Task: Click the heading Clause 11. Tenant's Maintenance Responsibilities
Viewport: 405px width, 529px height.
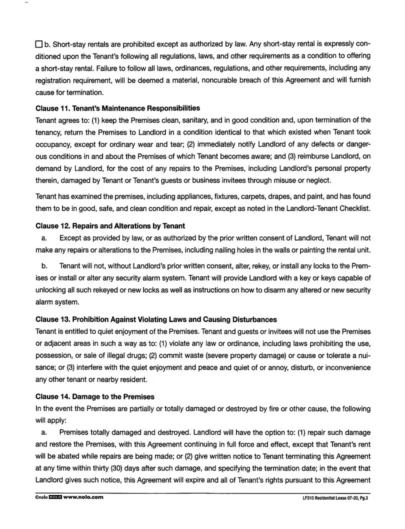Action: (118, 108)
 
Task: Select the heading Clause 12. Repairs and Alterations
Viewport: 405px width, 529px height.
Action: (110, 226)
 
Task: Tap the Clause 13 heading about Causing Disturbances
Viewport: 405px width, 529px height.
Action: (156, 319)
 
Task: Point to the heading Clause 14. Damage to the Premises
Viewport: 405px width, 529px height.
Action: (95, 396)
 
